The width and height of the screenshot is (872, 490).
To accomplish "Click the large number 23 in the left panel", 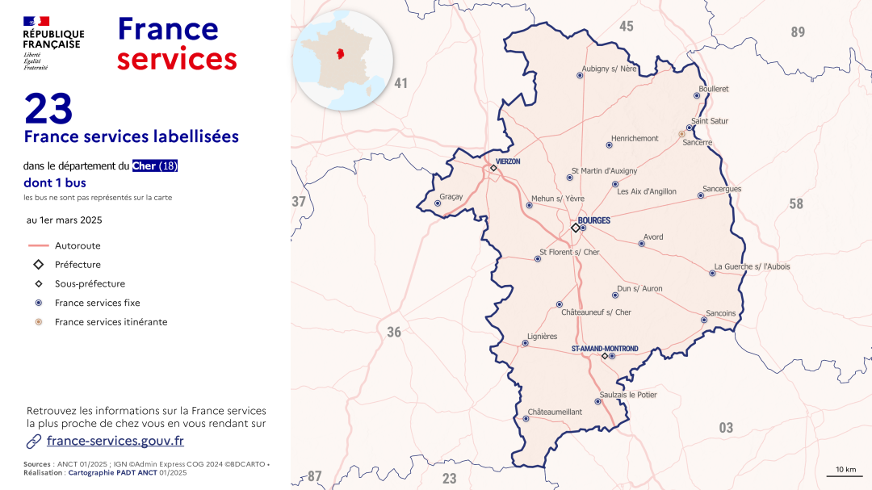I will tap(48, 109).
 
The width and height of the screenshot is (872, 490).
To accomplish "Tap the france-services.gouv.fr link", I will tap(115, 441).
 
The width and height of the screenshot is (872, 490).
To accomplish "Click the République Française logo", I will tap(53, 42).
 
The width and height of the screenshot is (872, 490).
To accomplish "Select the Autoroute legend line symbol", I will tap(39, 245).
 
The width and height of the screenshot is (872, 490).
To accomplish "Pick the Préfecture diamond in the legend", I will tap(39, 265).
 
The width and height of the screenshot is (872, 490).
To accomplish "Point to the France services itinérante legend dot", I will tap(39, 322).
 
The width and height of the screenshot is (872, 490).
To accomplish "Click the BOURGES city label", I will tap(594, 220).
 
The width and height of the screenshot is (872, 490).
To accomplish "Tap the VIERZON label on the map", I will tap(508, 161).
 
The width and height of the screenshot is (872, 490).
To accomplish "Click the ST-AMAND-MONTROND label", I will tap(605, 349).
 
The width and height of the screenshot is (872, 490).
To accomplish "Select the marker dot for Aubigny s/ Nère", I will tap(580, 75).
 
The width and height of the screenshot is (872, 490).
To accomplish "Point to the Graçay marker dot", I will tap(438, 203).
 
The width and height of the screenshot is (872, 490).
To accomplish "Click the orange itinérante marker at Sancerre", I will tap(681, 134).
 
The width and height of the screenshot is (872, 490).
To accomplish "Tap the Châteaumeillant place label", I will tap(555, 412).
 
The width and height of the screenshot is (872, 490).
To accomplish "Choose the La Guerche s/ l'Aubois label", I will tap(752, 266).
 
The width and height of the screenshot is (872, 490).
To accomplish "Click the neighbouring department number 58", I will tap(796, 203).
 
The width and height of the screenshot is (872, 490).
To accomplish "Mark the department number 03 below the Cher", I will tap(726, 428).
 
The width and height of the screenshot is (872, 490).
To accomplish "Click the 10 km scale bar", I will tap(845, 475).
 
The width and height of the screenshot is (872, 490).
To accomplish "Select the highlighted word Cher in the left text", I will tap(146, 166).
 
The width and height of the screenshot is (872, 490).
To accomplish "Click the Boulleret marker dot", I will tap(697, 95).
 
